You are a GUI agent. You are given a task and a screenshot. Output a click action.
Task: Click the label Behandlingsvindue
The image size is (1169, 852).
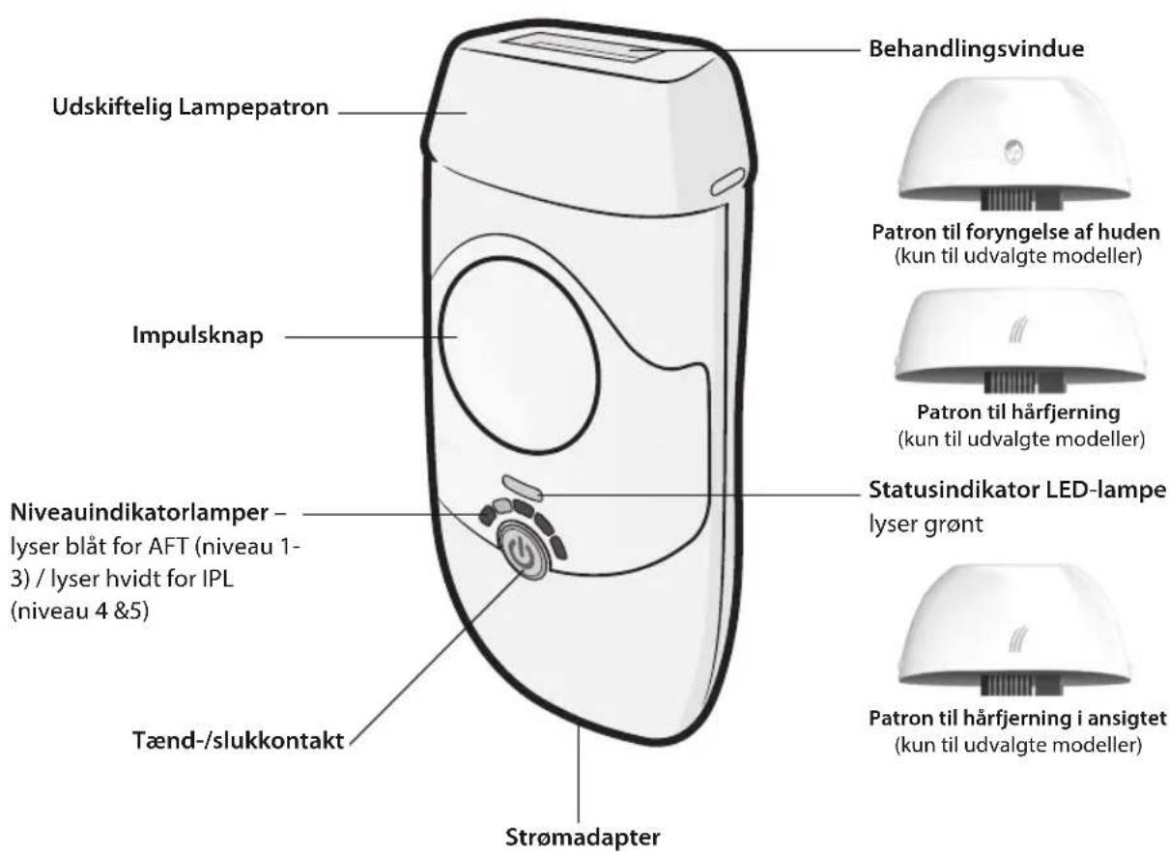pyautogui.click(x=977, y=49)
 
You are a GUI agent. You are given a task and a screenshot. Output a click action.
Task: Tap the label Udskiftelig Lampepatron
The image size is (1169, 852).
pyautogui.click(x=190, y=107)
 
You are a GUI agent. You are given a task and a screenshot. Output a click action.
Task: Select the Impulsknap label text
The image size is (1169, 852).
pyautogui.click(x=198, y=335)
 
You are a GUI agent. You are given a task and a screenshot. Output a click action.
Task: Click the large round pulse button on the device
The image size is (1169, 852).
pyautogui.click(x=519, y=355)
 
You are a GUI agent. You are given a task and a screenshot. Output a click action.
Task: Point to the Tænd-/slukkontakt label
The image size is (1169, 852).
pyautogui.click(x=239, y=740)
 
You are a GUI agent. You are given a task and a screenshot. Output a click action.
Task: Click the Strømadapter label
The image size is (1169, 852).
pyautogui.click(x=583, y=837)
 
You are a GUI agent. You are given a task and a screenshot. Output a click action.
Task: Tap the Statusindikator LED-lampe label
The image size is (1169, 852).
pyautogui.click(x=1017, y=490)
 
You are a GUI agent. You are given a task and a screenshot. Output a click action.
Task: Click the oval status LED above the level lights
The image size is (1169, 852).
pyautogui.click(x=522, y=487)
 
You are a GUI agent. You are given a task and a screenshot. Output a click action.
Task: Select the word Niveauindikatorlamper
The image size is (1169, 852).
pyautogui.click(x=139, y=512)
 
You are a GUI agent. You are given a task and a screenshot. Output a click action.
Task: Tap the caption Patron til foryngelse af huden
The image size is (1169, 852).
pyautogui.click(x=1016, y=232)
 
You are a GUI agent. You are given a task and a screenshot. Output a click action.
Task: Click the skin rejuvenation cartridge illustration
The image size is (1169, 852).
pyautogui.click(x=1014, y=144)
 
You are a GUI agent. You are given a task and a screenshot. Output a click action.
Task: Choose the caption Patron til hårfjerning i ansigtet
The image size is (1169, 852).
pyautogui.click(x=1017, y=719)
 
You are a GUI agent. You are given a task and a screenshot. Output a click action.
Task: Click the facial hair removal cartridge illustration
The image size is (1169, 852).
pyautogui.click(x=1014, y=630)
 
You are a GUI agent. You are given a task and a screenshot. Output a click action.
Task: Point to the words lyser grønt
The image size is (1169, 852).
pyautogui.click(x=926, y=524)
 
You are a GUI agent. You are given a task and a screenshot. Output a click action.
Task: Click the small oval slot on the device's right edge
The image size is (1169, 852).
pyautogui.click(x=728, y=182)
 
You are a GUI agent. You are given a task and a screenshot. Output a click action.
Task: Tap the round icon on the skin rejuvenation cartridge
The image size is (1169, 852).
pyautogui.click(x=1012, y=152)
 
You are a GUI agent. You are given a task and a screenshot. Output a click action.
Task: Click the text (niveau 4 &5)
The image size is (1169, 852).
pyautogui.click(x=79, y=611)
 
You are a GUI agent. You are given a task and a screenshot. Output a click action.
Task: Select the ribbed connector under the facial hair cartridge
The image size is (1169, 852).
pyautogui.click(x=1013, y=686)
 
